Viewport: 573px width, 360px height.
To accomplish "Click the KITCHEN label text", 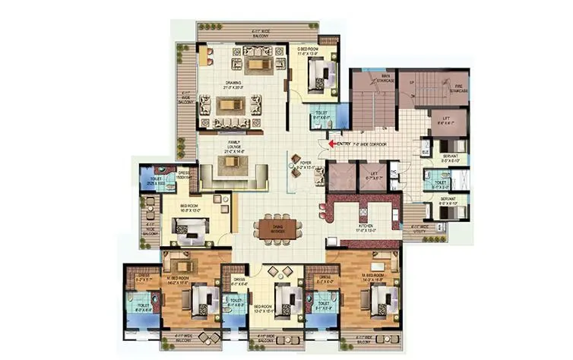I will (365, 228).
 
